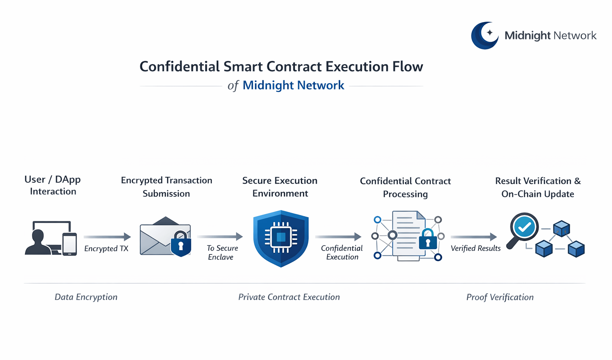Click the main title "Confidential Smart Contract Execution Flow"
(x=281, y=67)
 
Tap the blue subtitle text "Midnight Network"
(x=293, y=85)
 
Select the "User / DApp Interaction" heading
(x=53, y=185)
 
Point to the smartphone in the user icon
(x=70, y=243)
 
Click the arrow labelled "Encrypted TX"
(x=107, y=237)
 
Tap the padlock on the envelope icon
(x=181, y=243)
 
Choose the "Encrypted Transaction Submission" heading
(x=167, y=187)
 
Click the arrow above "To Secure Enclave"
(x=220, y=237)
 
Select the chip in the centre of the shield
(x=281, y=237)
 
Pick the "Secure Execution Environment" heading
(x=280, y=187)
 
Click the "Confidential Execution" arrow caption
(x=342, y=252)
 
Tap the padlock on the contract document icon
(x=428, y=240)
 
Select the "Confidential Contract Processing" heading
(x=405, y=187)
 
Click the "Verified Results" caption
(x=475, y=248)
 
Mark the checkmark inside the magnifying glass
(x=524, y=227)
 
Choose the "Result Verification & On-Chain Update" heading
(x=538, y=187)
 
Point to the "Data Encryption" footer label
(x=86, y=297)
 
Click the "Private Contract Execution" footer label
(x=289, y=297)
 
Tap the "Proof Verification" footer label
(x=500, y=297)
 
